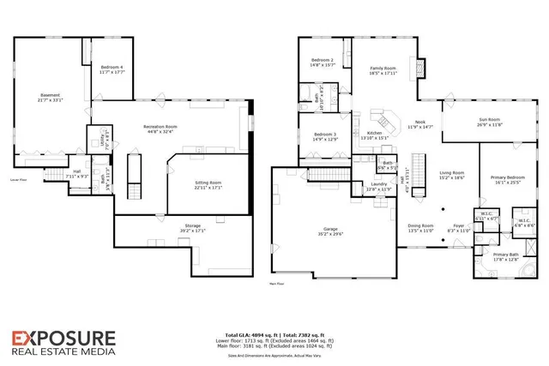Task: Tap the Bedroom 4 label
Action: (x=112, y=69)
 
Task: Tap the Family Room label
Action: (x=383, y=70)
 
